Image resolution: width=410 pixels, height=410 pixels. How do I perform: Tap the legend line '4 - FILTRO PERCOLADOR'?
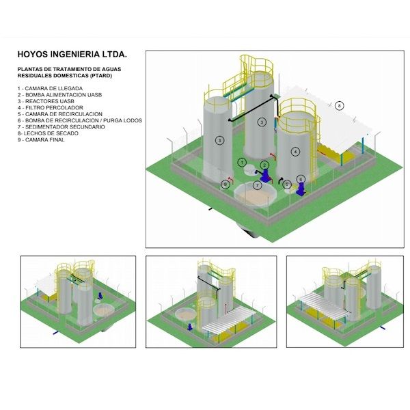tap(50, 108)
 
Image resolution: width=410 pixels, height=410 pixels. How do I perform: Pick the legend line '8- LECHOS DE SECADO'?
tap(48, 133)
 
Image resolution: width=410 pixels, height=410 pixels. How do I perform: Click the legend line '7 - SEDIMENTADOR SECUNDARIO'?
tap(61, 126)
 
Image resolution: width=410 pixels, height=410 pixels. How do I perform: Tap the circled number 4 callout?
tap(295, 151)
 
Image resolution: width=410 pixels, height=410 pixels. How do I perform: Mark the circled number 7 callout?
tap(257, 185)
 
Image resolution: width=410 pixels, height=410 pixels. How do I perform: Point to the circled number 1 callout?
tap(242, 162)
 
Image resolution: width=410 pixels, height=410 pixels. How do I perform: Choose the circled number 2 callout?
tap(264, 165)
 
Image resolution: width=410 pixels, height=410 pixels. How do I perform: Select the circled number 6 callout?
tap(301, 179)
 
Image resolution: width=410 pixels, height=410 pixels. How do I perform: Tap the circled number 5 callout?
tap(286, 184)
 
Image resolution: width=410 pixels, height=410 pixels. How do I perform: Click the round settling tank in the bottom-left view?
tap(104, 312)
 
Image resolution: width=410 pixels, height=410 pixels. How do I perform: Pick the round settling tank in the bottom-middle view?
tap(184, 316)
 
